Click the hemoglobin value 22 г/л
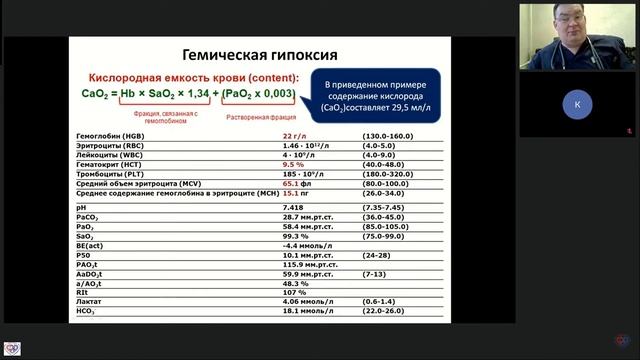tap(294, 135)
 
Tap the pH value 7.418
tap(294, 206)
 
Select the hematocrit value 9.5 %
tap(293, 162)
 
